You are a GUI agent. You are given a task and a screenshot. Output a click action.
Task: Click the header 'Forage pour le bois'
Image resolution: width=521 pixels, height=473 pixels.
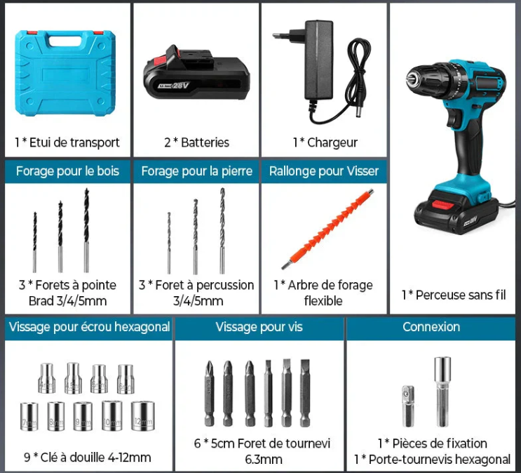pos(67,171)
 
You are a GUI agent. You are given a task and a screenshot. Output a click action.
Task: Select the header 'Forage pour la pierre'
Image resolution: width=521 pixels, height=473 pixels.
pos(196,171)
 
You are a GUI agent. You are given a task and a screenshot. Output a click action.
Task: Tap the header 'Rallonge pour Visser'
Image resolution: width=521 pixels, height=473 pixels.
pos(323,171)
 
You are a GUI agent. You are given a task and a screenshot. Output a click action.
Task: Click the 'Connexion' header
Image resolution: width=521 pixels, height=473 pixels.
pos(431,327)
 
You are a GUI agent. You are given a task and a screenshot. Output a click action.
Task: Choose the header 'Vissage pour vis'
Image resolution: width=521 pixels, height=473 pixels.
pos(259,327)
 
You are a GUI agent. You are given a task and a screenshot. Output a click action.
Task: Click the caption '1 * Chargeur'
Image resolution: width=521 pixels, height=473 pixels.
pos(325,142)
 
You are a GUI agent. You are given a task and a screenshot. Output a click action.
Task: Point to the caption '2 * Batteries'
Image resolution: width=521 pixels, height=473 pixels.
pos(196,142)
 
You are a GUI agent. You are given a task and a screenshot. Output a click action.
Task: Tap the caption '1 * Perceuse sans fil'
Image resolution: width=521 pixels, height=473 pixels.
pos(453,295)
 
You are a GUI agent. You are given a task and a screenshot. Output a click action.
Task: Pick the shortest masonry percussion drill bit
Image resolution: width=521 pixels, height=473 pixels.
pos(169,242)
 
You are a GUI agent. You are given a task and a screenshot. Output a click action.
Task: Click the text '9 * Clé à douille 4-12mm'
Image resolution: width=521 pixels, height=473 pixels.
pos(88,457)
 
